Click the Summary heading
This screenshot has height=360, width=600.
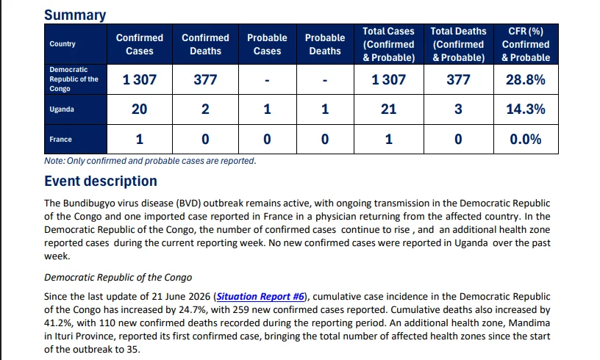pos(75,15)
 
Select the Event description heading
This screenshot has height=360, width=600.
pos(101,181)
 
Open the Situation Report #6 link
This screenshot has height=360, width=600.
pos(260,297)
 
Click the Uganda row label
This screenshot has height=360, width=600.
pos(62,109)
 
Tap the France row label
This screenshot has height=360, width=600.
pos(60,140)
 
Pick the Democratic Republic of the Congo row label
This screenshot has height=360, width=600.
pos(74,79)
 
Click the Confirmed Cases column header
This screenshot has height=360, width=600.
pos(140,44)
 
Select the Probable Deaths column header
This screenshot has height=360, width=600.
pos(325,44)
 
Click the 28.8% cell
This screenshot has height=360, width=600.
pos(526,79)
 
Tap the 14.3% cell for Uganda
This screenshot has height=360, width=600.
pos(526,109)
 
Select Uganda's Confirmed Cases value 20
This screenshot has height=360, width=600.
pos(139,109)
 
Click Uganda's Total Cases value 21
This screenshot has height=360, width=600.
pos(388,109)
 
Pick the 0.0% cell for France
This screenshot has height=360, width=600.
pos(526,139)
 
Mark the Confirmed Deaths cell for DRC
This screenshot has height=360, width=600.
pos(205,79)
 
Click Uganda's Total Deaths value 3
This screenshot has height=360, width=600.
pos(458,109)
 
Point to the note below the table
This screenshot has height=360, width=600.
pos(150,161)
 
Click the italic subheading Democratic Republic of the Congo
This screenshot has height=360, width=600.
pos(118,278)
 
